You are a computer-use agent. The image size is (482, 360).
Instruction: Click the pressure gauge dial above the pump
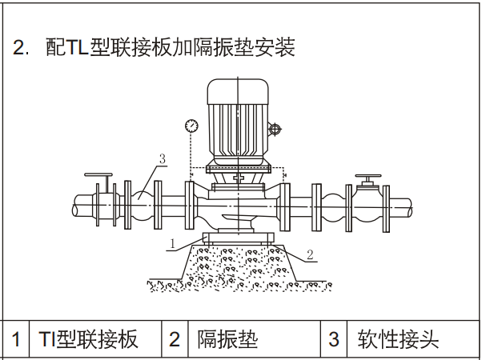point(191,126)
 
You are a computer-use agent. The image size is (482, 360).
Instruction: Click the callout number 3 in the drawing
point(162,159)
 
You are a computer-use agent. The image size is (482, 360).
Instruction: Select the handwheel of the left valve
point(99,175)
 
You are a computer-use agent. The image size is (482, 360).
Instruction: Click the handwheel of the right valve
point(369,176)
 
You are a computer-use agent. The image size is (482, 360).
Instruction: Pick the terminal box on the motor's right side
point(275,129)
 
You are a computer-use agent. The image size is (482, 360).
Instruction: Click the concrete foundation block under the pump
point(240,264)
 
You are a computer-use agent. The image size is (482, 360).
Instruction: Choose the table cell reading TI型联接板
point(88,339)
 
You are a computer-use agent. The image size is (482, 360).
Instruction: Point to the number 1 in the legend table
point(15,339)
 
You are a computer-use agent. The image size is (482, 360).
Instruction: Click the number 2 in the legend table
point(174,339)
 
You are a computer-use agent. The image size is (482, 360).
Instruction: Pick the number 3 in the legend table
point(334,339)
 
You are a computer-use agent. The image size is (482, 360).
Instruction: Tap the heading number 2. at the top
point(22,47)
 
